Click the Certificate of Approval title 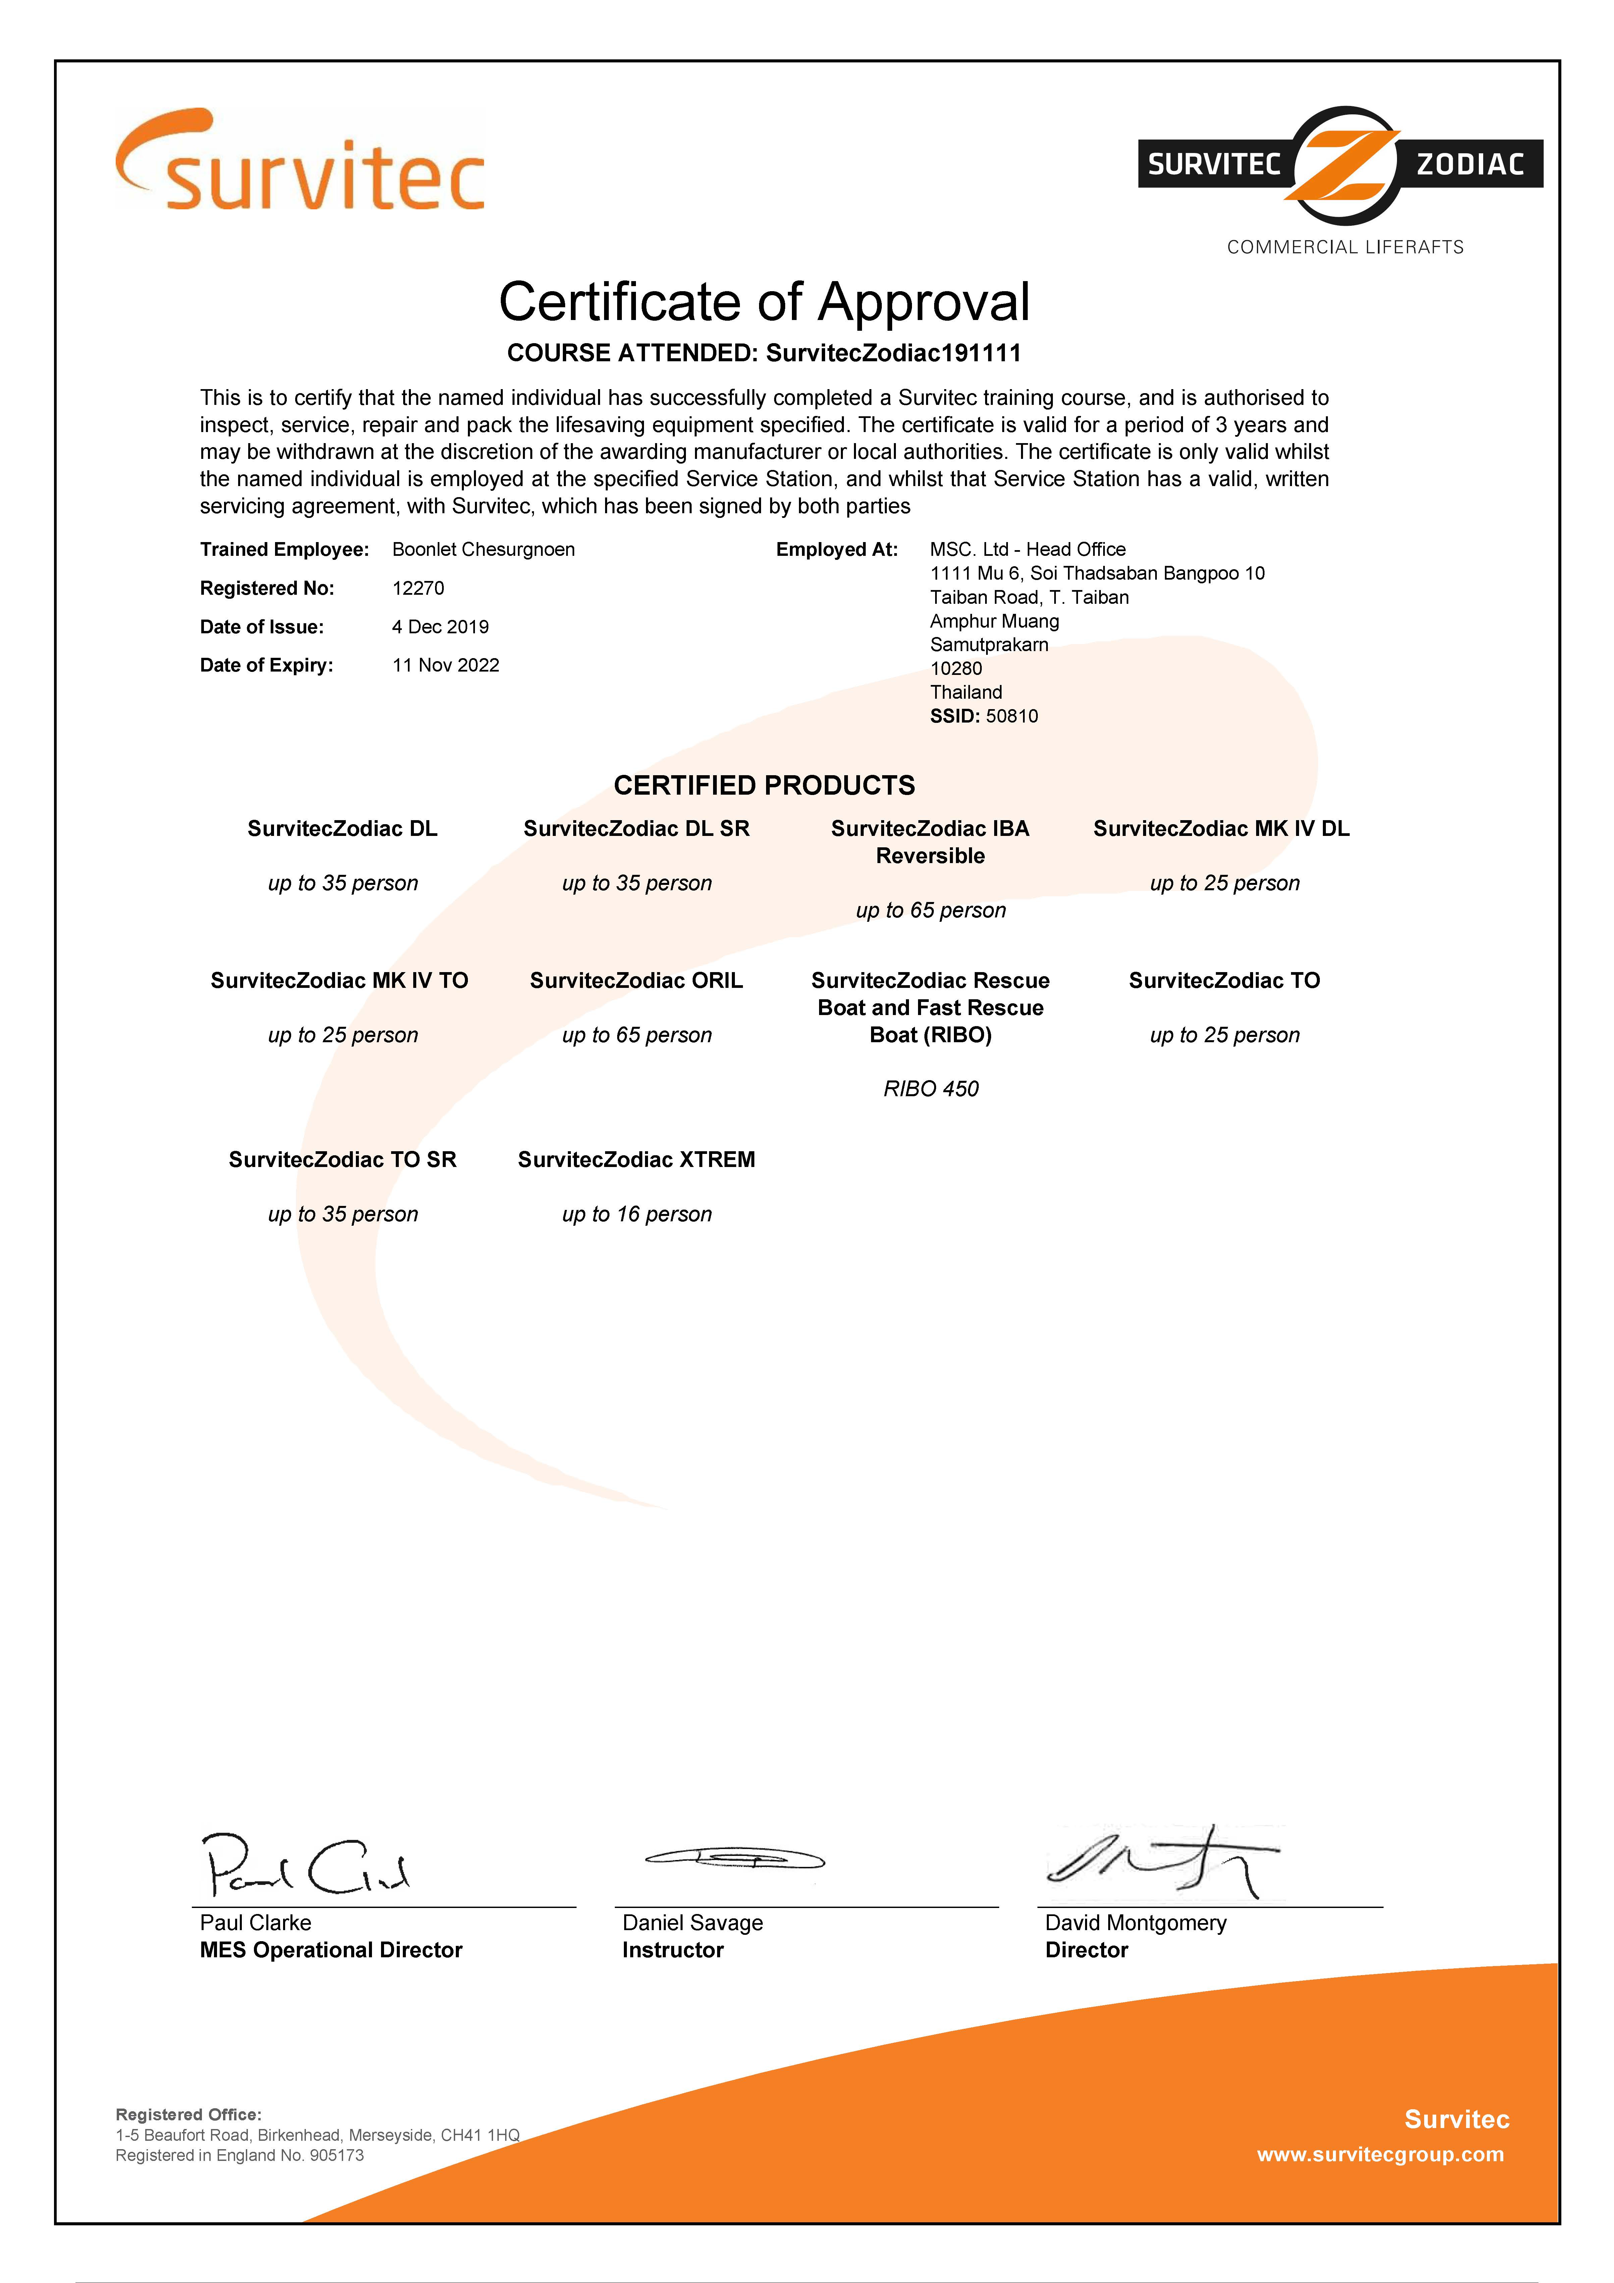point(764,302)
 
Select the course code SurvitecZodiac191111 point(893,353)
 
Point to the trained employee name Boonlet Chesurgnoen point(483,550)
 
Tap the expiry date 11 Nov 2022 point(445,665)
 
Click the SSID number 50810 point(1011,716)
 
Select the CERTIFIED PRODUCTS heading point(764,786)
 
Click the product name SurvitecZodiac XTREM point(637,1159)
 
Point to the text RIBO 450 point(931,1089)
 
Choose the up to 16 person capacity point(637,1214)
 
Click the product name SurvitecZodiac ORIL point(637,980)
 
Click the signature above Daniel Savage point(735,1857)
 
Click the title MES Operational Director point(331,1950)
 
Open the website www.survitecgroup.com point(1380,2155)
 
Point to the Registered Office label point(189,2114)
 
